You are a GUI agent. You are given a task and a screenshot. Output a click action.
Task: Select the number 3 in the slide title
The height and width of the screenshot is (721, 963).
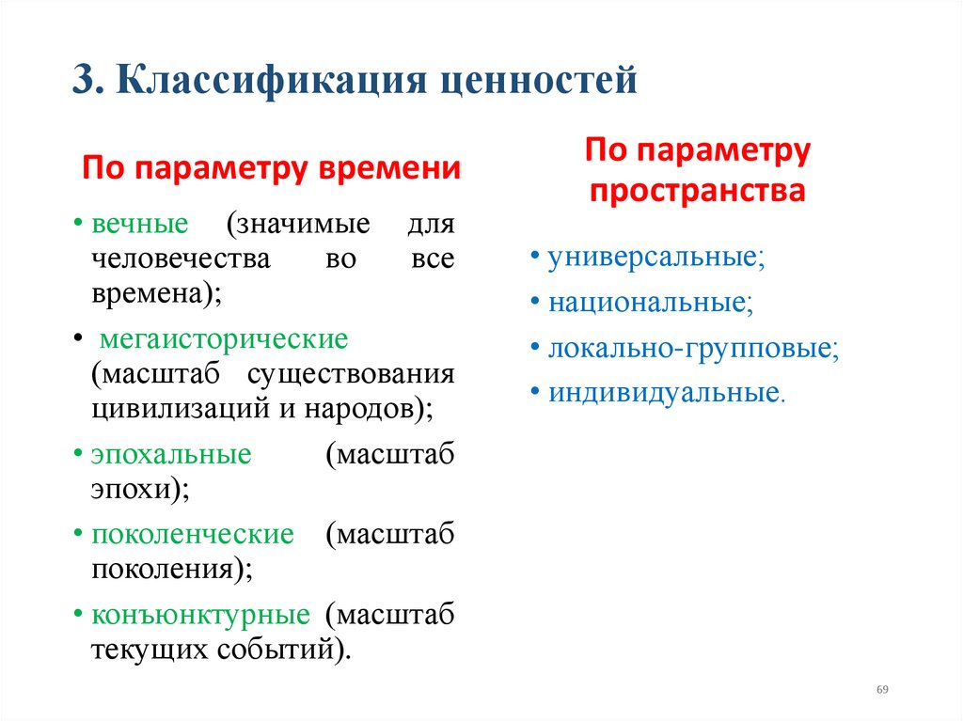click(83, 81)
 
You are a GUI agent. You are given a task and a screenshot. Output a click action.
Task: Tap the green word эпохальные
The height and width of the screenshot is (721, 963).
click(171, 455)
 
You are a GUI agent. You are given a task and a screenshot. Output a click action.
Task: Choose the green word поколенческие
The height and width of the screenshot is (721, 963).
click(193, 535)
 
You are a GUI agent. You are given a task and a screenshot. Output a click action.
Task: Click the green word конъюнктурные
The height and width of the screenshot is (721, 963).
click(200, 616)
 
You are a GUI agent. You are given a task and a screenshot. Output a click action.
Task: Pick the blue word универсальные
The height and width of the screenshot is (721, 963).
click(655, 259)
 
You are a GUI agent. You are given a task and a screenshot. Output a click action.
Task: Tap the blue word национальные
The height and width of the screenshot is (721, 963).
click(649, 303)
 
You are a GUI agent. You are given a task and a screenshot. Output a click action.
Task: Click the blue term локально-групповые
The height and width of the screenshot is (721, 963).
click(692, 348)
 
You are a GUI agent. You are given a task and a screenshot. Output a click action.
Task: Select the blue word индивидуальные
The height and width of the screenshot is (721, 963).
click(664, 392)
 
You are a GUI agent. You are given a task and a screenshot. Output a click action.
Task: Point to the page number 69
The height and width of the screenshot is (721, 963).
click(882, 690)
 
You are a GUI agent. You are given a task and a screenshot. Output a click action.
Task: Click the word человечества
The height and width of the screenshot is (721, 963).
click(181, 259)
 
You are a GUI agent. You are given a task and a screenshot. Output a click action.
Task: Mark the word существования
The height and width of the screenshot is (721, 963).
click(351, 374)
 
